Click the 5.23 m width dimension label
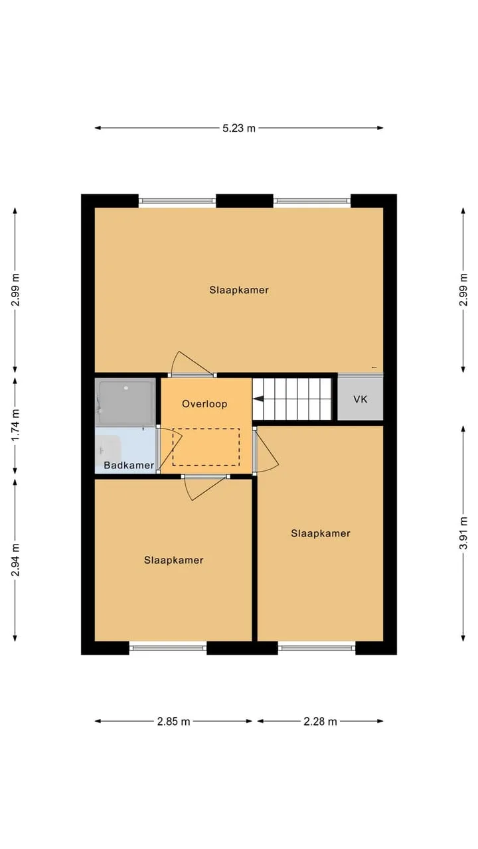[x=238, y=128]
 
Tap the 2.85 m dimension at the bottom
[x=173, y=721]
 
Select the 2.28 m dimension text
[x=320, y=721]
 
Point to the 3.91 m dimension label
[x=463, y=533]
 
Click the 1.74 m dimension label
[x=15, y=425]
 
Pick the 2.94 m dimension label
[x=15, y=560]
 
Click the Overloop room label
[x=204, y=404]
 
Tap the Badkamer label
[x=129, y=465]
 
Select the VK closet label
[x=360, y=399]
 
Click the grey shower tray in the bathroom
[x=125, y=403]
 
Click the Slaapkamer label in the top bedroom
[x=239, y=290]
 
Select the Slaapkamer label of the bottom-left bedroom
[x=174, y=560]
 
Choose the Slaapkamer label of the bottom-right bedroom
[x=321, y=533]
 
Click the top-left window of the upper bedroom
[x=177, y=201]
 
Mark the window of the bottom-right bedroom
[x=317, y=648]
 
